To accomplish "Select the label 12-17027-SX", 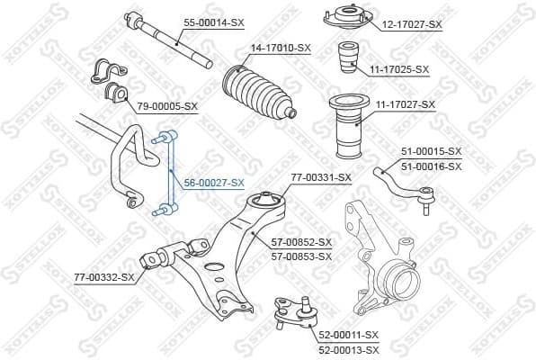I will (411, 24).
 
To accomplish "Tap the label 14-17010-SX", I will (281, 47).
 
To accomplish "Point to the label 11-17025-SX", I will (399, 69).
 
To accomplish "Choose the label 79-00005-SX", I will (167, 106).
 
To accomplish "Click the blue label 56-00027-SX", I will (214, 183).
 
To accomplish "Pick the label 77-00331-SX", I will (321, 177).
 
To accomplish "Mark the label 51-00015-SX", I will (431, 151).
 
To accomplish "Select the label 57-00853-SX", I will (302, 256).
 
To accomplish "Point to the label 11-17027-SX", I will (405, 105).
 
